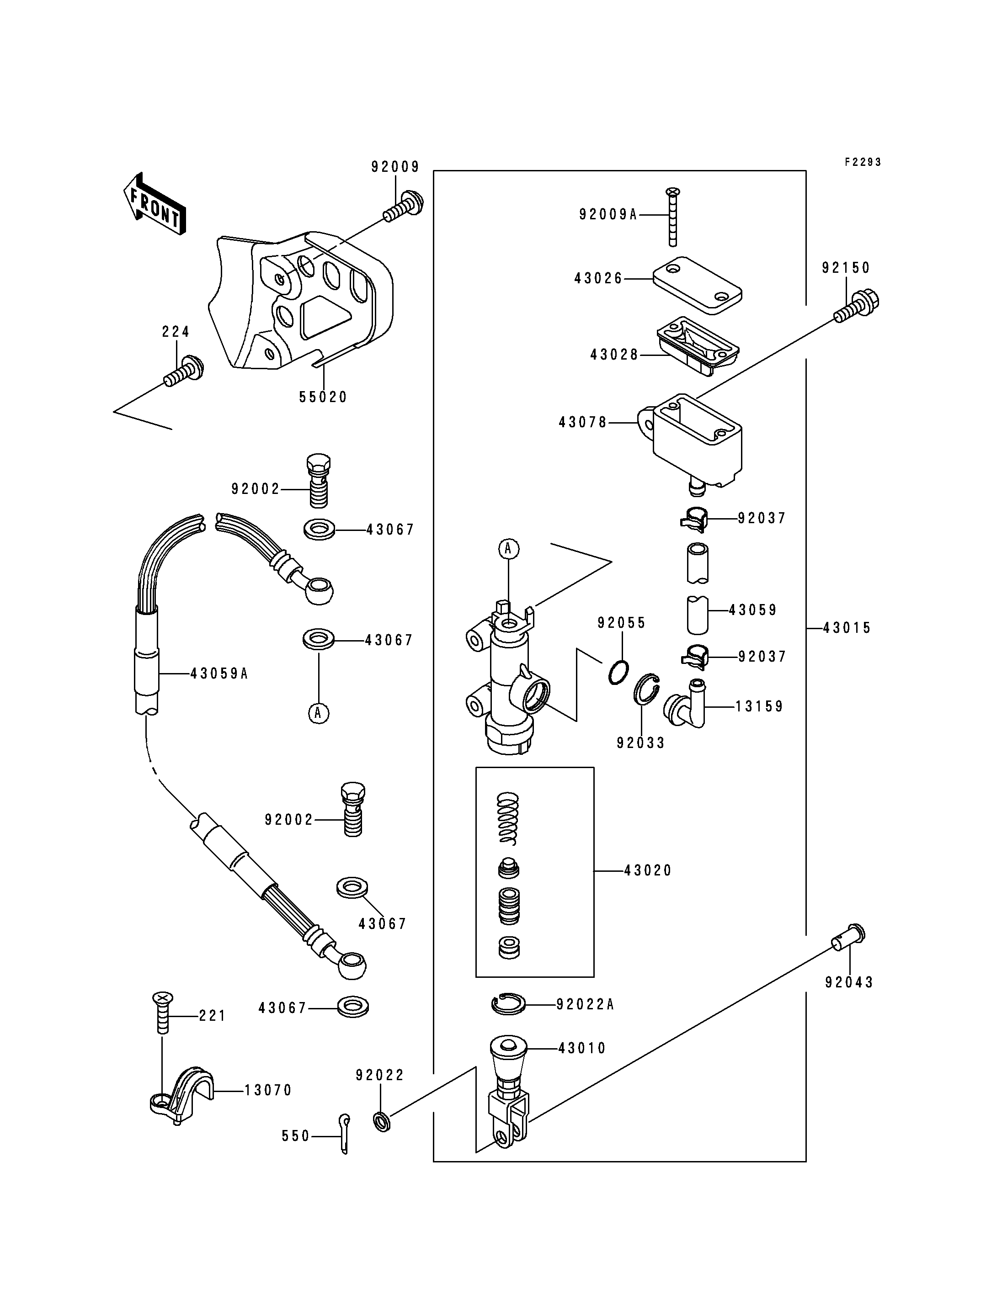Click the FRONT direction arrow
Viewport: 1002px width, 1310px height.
(155, 204)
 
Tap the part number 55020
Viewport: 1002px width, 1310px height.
(323, 397)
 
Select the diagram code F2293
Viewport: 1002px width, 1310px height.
(863, 162)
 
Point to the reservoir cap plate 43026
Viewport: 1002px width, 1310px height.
(697, 285)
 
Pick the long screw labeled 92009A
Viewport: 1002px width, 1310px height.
(673, 217)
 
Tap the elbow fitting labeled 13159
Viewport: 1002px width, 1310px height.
(685, 704)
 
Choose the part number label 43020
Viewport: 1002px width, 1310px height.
(648, 870)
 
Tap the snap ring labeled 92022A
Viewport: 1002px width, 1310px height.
(508, 1004)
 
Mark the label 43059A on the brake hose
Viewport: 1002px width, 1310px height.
(219, 674)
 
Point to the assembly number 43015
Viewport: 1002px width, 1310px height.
(847, 628)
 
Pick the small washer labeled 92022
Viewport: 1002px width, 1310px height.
(382, 1121)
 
